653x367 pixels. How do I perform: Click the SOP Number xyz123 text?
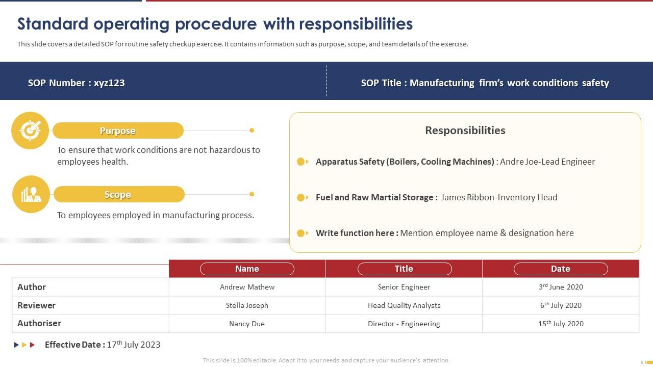tap(77, 83)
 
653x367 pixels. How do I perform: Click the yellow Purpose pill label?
tap(118, 130)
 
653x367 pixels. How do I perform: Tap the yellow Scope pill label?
tap(118, 194)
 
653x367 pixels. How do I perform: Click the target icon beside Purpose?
tap(30, 130)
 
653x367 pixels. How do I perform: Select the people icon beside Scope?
tap(31, 194)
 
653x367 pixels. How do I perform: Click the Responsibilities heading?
tap(465, 130)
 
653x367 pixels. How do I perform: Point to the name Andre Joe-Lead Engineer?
tap(547, 162)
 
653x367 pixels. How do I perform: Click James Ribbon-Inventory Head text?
tap(498, 197)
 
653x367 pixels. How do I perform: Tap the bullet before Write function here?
tap(302, 233)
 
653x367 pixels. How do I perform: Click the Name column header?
tap(247, 269)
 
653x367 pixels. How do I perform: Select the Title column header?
tap(404, 269)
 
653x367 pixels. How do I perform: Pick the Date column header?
tap(560, 269)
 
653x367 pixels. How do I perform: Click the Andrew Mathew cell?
tap(247, 287)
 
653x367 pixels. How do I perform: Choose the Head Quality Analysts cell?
tap(404, 305)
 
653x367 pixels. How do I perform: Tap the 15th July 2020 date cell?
tap(560, 324)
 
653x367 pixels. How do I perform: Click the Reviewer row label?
tap(36, 305)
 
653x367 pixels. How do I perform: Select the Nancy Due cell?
tap(247, 324)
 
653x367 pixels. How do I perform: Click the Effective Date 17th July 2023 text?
tap(103, 345)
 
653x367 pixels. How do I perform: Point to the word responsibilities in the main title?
tap(356, 24)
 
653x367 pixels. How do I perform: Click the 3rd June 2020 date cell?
tap(560, 287)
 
